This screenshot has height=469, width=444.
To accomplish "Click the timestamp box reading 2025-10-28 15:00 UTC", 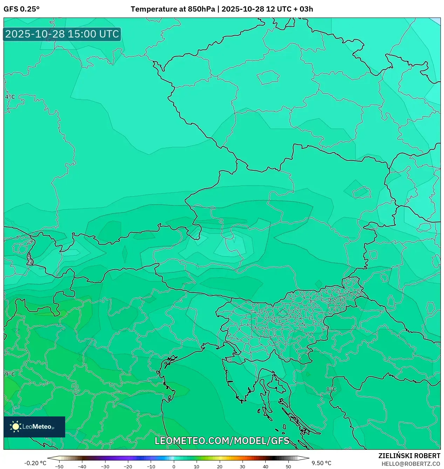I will pyautogui.click(x=62, y=34).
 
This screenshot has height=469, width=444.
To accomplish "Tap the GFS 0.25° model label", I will pyautogui.click(x=21, y=9).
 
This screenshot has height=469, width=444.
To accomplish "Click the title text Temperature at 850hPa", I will pyautogui.click(x=173, y=9).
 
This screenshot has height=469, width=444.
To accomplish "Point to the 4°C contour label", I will pyautogui.click(x=10, y=97).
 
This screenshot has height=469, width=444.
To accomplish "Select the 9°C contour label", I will pyautogui.click(x=10, y=374).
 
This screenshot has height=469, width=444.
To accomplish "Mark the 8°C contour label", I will pyautogui.click(x=331, y=389).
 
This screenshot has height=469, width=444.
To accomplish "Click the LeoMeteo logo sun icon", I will pyautogui.click(x=15, y=427).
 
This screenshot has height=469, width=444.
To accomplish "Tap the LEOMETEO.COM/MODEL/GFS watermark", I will pyautogui.click(x=222, y=441).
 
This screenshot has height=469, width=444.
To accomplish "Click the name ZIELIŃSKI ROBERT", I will pyautogui.click(x=409, y=456).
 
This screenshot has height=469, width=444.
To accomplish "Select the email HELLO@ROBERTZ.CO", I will pyautogui.click(x=410, y=464).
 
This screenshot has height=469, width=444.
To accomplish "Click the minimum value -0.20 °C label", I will pyautogui.click(x=35, y=463).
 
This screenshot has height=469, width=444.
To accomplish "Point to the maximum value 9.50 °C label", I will pyautogui.click(x=321, y=463).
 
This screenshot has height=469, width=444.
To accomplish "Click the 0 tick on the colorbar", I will pyautogui.click(x=174, y=466).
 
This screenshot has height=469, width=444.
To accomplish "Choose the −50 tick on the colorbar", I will pyautogui.click(x=59, y=466).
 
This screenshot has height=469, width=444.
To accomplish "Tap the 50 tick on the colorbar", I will pyautogui.click(x=288, y=466).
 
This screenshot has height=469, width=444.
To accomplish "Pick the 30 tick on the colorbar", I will pyautogui.click(x=243, y=466).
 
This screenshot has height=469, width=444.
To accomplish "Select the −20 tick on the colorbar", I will pyautogui.click(x=128, y=466).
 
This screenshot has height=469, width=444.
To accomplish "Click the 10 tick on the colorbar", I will pyautogui.click(x=197, y=466).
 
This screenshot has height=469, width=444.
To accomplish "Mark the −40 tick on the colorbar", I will pyautogui.click(x=82, y=466).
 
